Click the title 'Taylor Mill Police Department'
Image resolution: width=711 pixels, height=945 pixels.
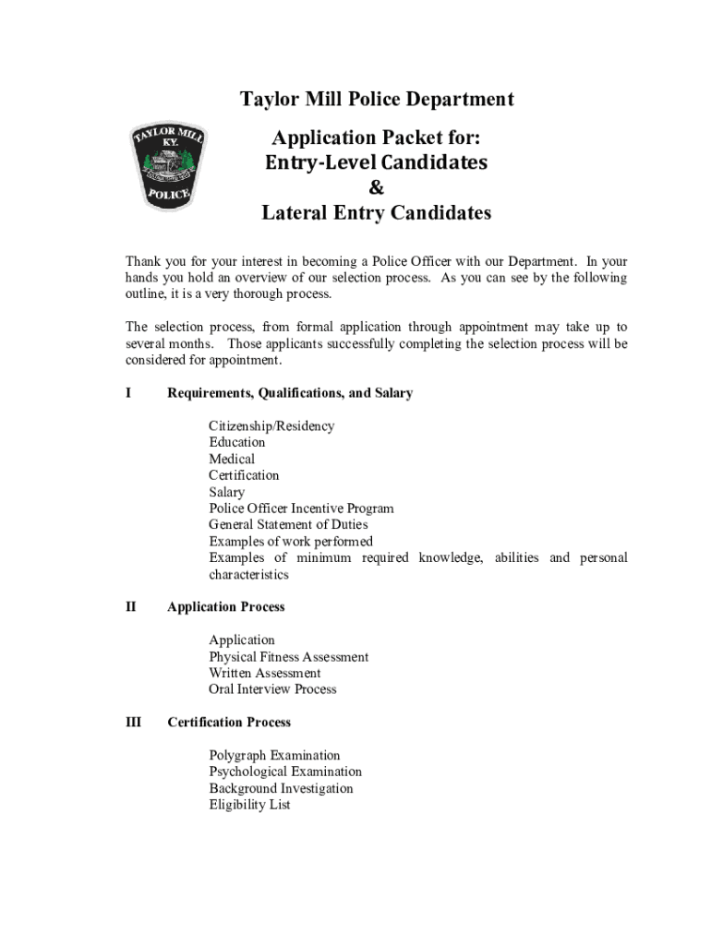click(377, 100)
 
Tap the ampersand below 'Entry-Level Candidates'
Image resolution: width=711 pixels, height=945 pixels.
click(376, 188)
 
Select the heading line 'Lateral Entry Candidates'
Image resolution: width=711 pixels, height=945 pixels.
click(376, 214)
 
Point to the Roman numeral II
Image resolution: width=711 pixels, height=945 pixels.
click(130, 607)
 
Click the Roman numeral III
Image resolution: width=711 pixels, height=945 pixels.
click(133, 723)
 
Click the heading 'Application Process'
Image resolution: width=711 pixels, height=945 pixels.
click(225, 607)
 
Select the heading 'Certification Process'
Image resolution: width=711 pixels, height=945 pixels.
click(228, 723)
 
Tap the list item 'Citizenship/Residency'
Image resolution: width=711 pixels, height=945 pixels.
click(271, 426)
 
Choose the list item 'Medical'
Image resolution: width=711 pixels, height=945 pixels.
click(232, 460)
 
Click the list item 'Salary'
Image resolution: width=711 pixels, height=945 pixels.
click(227, 493)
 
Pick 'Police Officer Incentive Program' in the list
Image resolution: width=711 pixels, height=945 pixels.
click(301, 508)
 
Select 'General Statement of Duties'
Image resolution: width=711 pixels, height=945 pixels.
click(288, 525)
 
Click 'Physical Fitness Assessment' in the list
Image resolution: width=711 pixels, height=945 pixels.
click(288, 657)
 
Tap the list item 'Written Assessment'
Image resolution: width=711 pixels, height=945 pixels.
click(265, 674)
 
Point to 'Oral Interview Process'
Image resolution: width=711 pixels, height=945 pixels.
click(272, 689)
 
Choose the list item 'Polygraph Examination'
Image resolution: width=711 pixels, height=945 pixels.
click(274, 756)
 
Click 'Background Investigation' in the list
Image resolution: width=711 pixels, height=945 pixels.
click(281, 789)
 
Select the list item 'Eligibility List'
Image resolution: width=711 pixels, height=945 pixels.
click(249, 805)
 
